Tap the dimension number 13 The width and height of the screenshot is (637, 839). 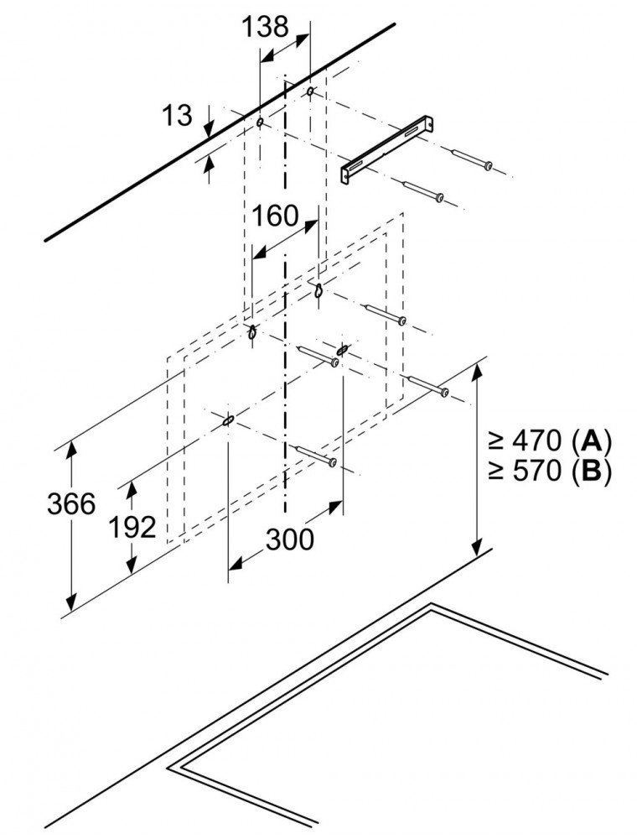tap(177, 115)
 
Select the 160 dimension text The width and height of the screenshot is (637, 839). tap(276, 216)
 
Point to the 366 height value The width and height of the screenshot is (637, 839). tap(71, 503)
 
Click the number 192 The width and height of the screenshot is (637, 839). tap(132, 527)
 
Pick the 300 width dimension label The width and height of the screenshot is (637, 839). tap(290, 539)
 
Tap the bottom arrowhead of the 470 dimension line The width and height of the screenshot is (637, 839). tap(478, 546)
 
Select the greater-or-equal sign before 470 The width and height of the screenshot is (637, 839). tap(496, 440)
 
